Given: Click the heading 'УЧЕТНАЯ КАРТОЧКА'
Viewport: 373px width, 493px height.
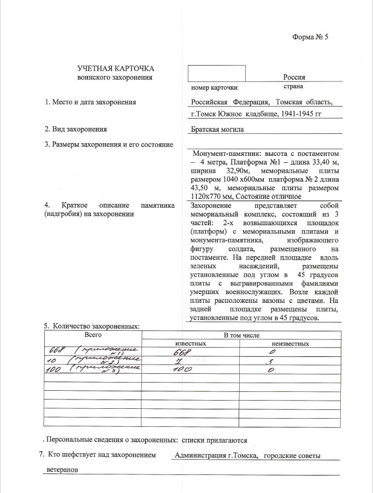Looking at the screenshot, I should click(x=115, y=69).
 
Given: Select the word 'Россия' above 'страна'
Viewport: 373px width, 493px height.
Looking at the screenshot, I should click(x=294, y=78).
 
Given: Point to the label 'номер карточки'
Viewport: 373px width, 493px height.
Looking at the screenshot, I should click(x=214, y=87).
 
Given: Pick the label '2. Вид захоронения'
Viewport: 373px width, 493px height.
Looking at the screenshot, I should click(x=75, y=130).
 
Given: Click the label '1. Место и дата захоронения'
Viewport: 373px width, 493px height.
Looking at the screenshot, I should click(x=90, y=102).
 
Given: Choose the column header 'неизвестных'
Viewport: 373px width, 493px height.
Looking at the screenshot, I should click(x=286, y=344).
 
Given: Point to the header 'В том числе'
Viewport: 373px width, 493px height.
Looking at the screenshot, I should click(x=238, y=334).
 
